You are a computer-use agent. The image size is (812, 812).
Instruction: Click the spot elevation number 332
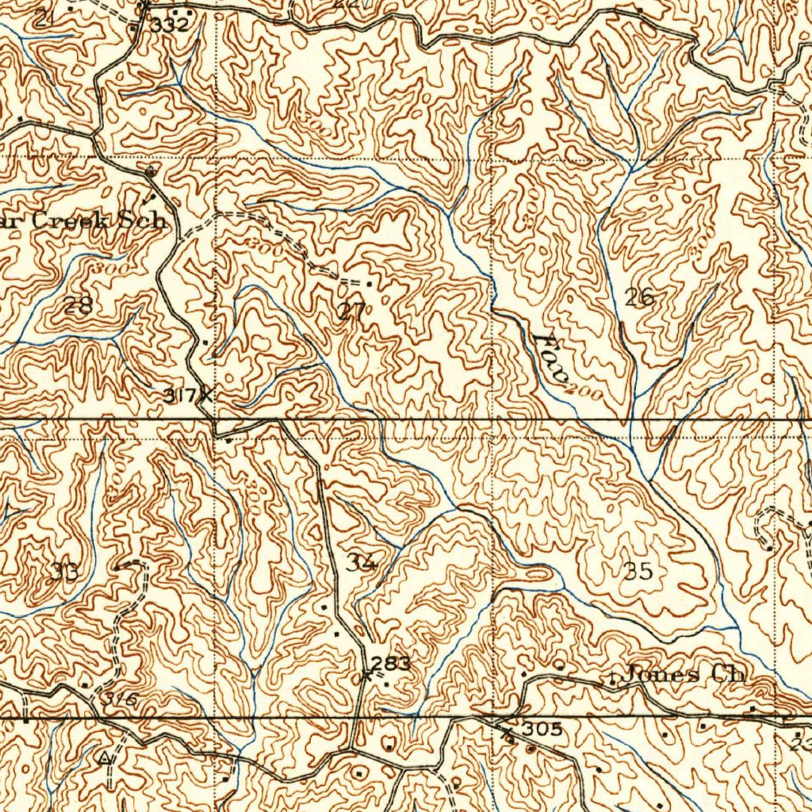pos(170,25)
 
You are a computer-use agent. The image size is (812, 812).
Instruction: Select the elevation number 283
pos(391,664)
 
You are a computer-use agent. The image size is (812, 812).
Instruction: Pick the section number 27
pos(351,311)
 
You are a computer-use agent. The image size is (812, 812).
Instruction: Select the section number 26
pos(639,298)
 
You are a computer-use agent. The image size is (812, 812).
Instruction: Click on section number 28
pos(79,304)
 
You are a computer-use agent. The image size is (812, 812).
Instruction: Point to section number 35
pos(638,570)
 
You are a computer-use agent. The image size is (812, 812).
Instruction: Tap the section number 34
pos(361,562)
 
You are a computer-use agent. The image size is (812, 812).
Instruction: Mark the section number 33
pos(63,571)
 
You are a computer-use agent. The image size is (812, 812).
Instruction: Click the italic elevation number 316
pos(121,699)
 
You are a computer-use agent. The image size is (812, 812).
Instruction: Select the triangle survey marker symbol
pos(105,759)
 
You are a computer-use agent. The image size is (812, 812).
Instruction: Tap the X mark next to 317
pos(206,394)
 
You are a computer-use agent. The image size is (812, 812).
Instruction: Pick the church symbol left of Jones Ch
pos(613,679)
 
